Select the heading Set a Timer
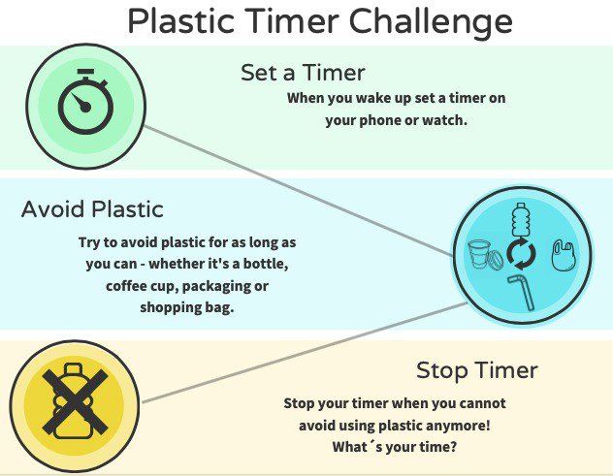point(303,72)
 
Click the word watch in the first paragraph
point(445,121)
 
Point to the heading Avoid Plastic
point(92,208)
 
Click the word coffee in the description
point(128,288)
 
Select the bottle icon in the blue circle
point(521,220)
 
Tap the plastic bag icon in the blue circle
point(562,254)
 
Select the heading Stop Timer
point(476,370)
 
